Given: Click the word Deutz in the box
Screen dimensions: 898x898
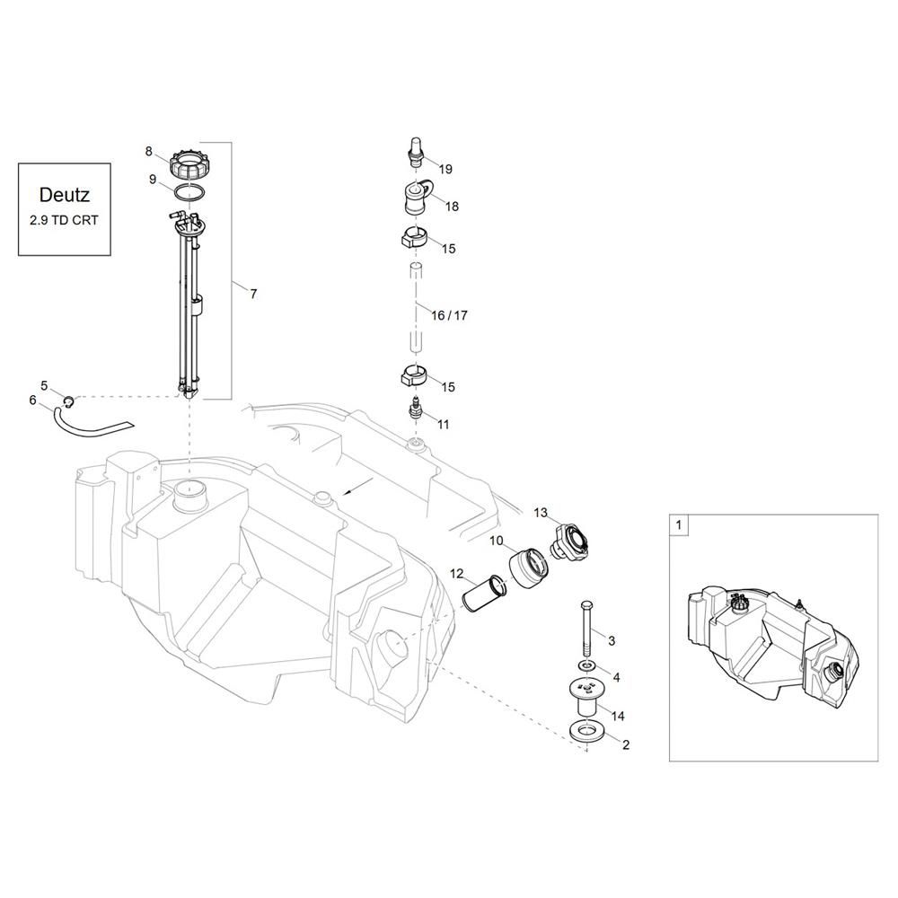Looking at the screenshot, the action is tap(64, 195).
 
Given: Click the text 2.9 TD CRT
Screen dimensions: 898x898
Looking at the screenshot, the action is tap(64, 220).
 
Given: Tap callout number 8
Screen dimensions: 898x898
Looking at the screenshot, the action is tap(149, 151).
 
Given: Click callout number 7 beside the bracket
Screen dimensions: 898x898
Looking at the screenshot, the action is tap(253, 294).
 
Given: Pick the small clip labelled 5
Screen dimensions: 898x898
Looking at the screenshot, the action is tap(68, 402).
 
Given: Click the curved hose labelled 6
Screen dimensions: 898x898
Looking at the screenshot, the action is tap(86, 422).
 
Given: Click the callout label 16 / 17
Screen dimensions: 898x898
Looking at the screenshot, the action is tap(449, 315).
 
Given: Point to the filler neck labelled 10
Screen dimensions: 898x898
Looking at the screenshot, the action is tap(527, 567).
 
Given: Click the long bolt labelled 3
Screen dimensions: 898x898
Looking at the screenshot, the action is tap(585, 629).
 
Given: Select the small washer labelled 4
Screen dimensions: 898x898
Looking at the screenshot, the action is tap(585, 666).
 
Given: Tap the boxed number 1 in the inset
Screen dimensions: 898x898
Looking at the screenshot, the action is tap(679, 524).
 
